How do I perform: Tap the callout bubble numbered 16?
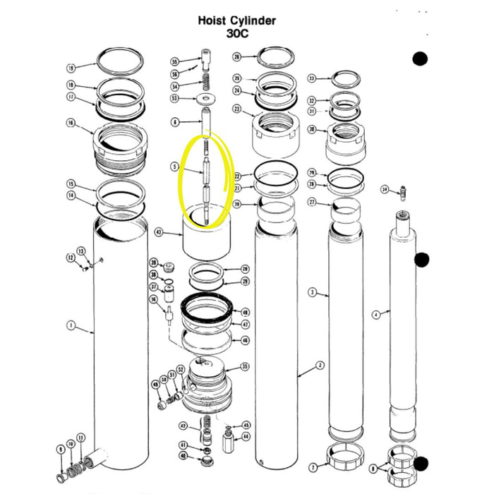tap(71, 123)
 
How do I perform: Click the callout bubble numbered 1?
tap(71, 325)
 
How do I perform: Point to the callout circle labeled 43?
tap(159, 231)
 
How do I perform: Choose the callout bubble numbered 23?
tap(237, 109)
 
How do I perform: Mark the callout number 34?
tap(385, 189)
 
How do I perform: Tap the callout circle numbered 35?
tap(245, 366)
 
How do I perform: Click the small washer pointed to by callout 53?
tap(206, 98)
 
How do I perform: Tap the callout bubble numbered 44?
tap(246, 437)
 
